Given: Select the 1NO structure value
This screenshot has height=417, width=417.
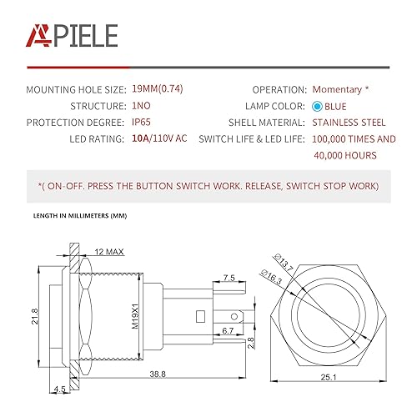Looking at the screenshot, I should click(143, 106).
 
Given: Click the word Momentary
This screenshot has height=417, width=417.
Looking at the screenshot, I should click(338, 89).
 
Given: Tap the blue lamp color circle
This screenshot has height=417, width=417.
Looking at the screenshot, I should click(318, 107).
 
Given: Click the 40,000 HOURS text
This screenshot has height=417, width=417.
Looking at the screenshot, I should click(344, 155).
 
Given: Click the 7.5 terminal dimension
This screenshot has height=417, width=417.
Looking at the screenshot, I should click(230, 278).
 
